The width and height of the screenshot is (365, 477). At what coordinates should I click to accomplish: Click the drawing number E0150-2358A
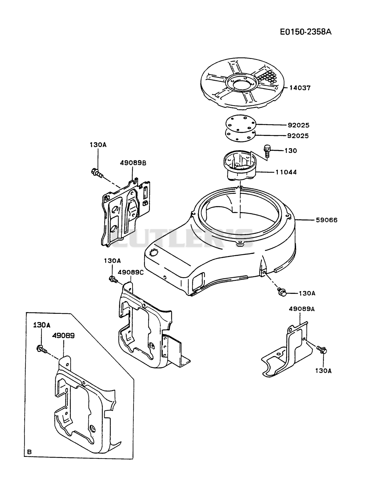tap(306, 32)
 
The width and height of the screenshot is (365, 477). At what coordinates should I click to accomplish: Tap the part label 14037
tap(300, 88)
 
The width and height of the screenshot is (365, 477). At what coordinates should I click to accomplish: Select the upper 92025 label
tap(299, 125)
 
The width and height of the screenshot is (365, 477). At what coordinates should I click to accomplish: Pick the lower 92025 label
tap(298, 136)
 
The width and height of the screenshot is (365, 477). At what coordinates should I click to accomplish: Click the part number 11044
tap(286, 172)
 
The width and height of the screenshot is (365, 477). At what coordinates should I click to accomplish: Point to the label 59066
tap(327, 220)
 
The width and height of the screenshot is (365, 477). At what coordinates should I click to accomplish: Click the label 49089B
tap(133, 163)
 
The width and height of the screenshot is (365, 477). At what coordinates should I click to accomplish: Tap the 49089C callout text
tap(131, 272)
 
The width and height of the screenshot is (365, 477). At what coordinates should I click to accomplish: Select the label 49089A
tap(302, 309)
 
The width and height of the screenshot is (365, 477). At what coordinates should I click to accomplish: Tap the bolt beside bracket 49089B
tap(97, 173)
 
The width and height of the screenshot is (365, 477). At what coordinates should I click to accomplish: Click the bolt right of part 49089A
tap(321, 349)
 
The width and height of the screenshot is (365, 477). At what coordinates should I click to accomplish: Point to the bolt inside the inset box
tap(42, 349)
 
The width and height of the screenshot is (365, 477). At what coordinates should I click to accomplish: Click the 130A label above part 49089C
tap(112, 261)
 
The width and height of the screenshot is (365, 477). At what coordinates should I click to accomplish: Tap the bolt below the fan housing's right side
tap(282, 292)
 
